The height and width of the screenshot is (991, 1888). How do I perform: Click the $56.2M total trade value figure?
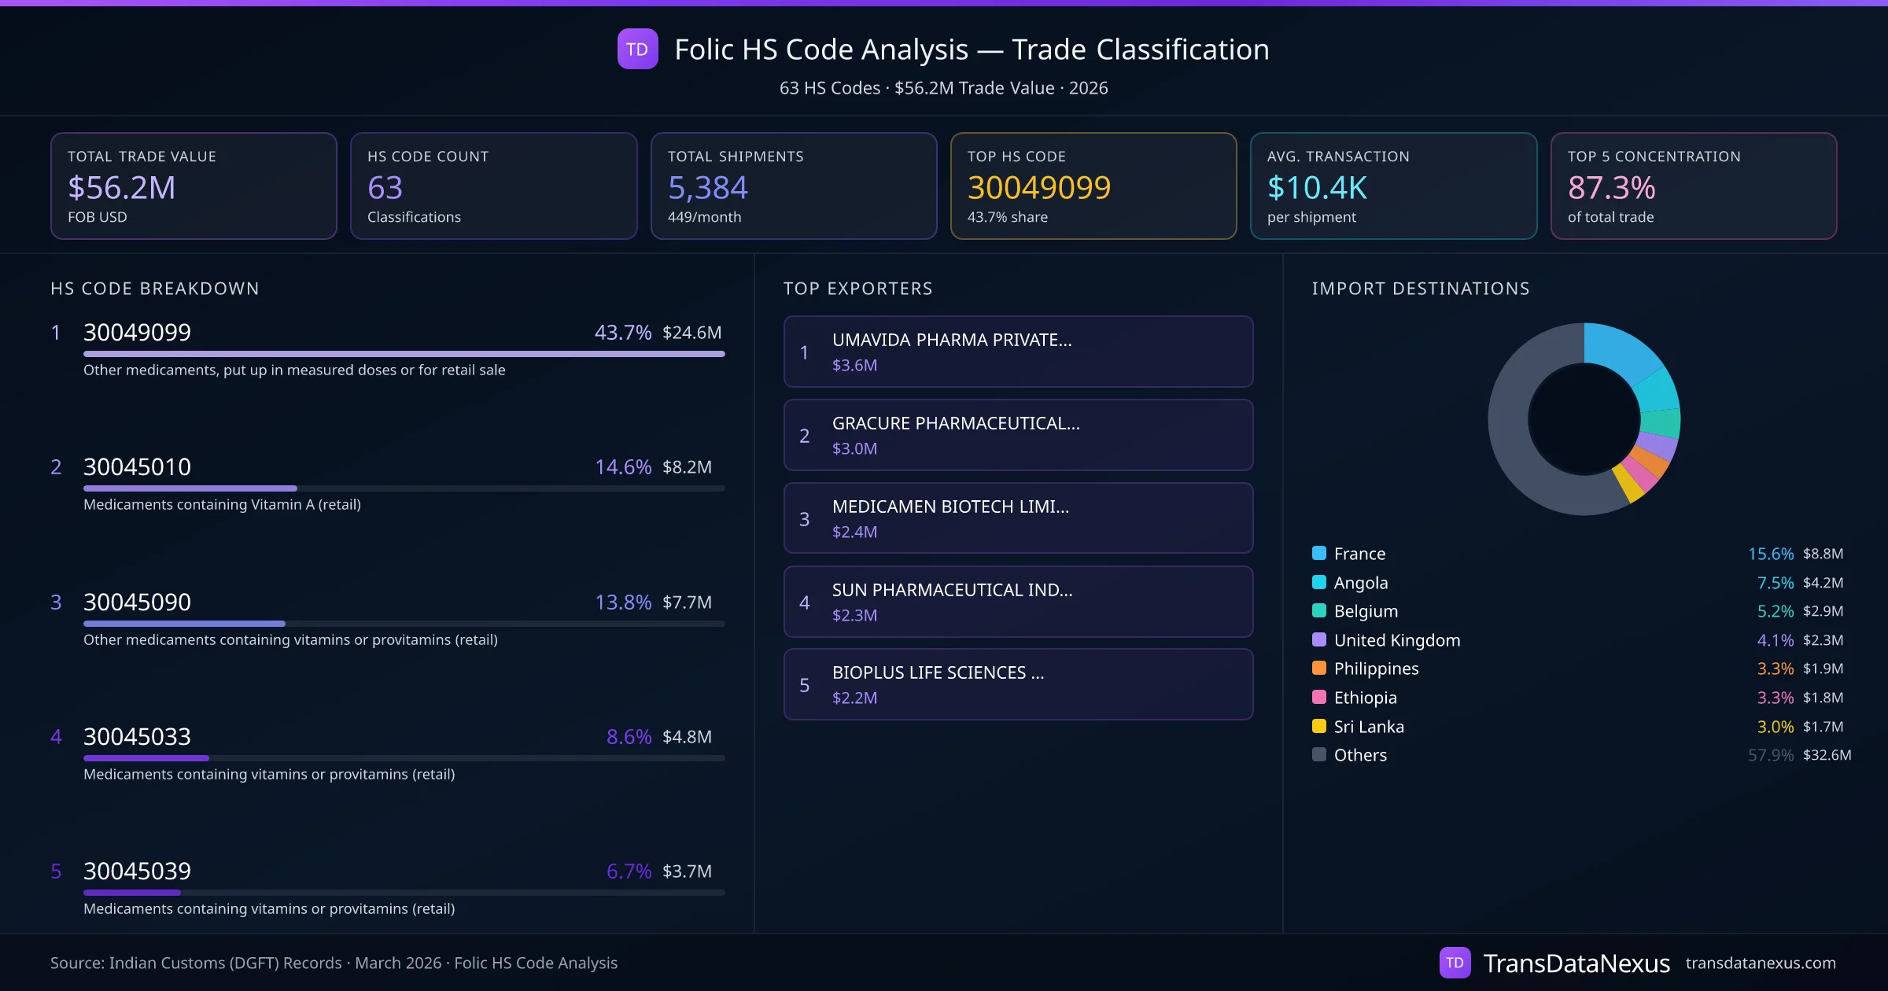point(121,188)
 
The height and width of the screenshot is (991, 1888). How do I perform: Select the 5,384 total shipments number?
point(707,188)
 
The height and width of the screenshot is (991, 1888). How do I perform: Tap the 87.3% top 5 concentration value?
point(1611,188)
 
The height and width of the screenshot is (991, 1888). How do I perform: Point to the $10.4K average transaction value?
point(1317,188)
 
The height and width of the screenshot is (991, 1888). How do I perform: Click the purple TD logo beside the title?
point(637,49)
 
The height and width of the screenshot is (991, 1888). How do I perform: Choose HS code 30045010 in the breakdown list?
point(137,467)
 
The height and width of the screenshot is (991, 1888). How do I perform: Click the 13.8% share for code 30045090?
point(622,602)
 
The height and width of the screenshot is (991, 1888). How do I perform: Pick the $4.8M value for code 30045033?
point(687,737)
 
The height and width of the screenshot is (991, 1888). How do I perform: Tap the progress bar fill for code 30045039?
point(132,893)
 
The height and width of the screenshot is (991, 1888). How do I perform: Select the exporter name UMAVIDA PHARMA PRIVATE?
point(952,340)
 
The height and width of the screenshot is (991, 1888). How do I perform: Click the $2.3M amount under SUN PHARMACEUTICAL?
point(854,615)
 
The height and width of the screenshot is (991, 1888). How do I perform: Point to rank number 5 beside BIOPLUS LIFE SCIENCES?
point(804,685)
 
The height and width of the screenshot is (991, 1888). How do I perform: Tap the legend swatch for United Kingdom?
point(1319,640)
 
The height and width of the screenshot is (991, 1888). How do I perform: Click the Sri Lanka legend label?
point(1369,727)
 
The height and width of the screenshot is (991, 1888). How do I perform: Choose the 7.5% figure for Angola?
point(1775,583)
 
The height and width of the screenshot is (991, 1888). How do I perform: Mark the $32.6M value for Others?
point(1827,755)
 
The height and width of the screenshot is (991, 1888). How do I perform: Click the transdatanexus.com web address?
point(1761,963)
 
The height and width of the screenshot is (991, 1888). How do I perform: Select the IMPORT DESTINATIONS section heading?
point(1421,289)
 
